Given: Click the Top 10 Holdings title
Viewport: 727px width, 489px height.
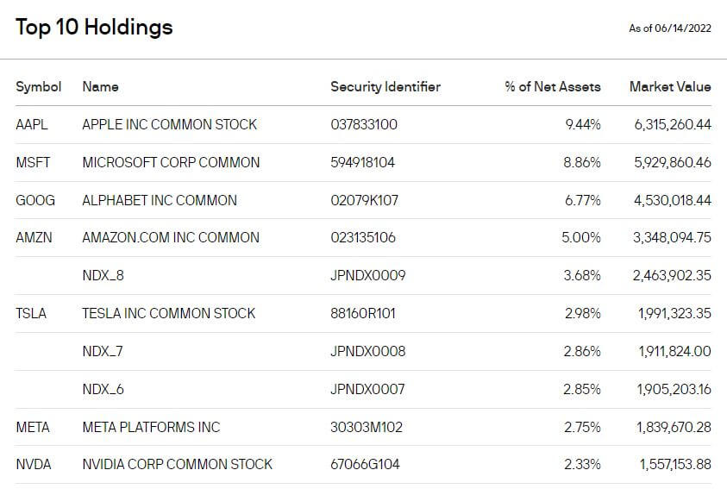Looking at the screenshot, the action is tap(94, 28).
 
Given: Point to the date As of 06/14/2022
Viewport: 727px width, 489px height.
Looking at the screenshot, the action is tap(669, 28).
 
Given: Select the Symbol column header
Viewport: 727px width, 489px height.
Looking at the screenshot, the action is tap(39, 87).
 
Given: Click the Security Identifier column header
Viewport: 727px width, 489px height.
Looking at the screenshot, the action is tap(385, 87).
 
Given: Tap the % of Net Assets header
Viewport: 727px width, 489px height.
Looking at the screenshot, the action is tap(553, 87).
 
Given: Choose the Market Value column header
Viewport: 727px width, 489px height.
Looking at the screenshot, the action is tap(670, 87).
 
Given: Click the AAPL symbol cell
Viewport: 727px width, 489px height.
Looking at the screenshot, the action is tap(32, 125).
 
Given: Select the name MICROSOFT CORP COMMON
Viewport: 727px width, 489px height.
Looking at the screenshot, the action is tap(171, 163).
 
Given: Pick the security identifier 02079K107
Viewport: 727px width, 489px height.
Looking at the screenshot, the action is tap(364, 200).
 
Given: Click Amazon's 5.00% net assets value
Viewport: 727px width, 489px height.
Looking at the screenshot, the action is tap(581, 238).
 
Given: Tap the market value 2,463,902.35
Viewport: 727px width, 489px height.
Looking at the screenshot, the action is tap(672, 276).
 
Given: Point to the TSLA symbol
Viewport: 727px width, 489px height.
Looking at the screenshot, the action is tap(31, 314).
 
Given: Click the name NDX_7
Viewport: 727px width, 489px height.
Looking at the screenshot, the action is tap(103, 351).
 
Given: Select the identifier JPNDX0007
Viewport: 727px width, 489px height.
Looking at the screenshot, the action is tap(367, 389).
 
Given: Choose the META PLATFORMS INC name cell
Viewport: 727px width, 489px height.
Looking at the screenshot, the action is tap(151, 427).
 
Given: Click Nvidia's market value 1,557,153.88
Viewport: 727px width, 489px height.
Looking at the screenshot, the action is tap(675, 465).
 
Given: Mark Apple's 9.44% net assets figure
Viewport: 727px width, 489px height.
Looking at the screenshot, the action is tap(583, 125).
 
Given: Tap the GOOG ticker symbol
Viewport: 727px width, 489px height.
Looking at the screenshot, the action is tap(35, 200).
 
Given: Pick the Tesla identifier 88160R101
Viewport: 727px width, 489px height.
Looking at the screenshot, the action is tap(362, 314).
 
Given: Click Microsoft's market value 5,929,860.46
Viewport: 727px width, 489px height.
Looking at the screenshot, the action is tap(673, 163).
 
